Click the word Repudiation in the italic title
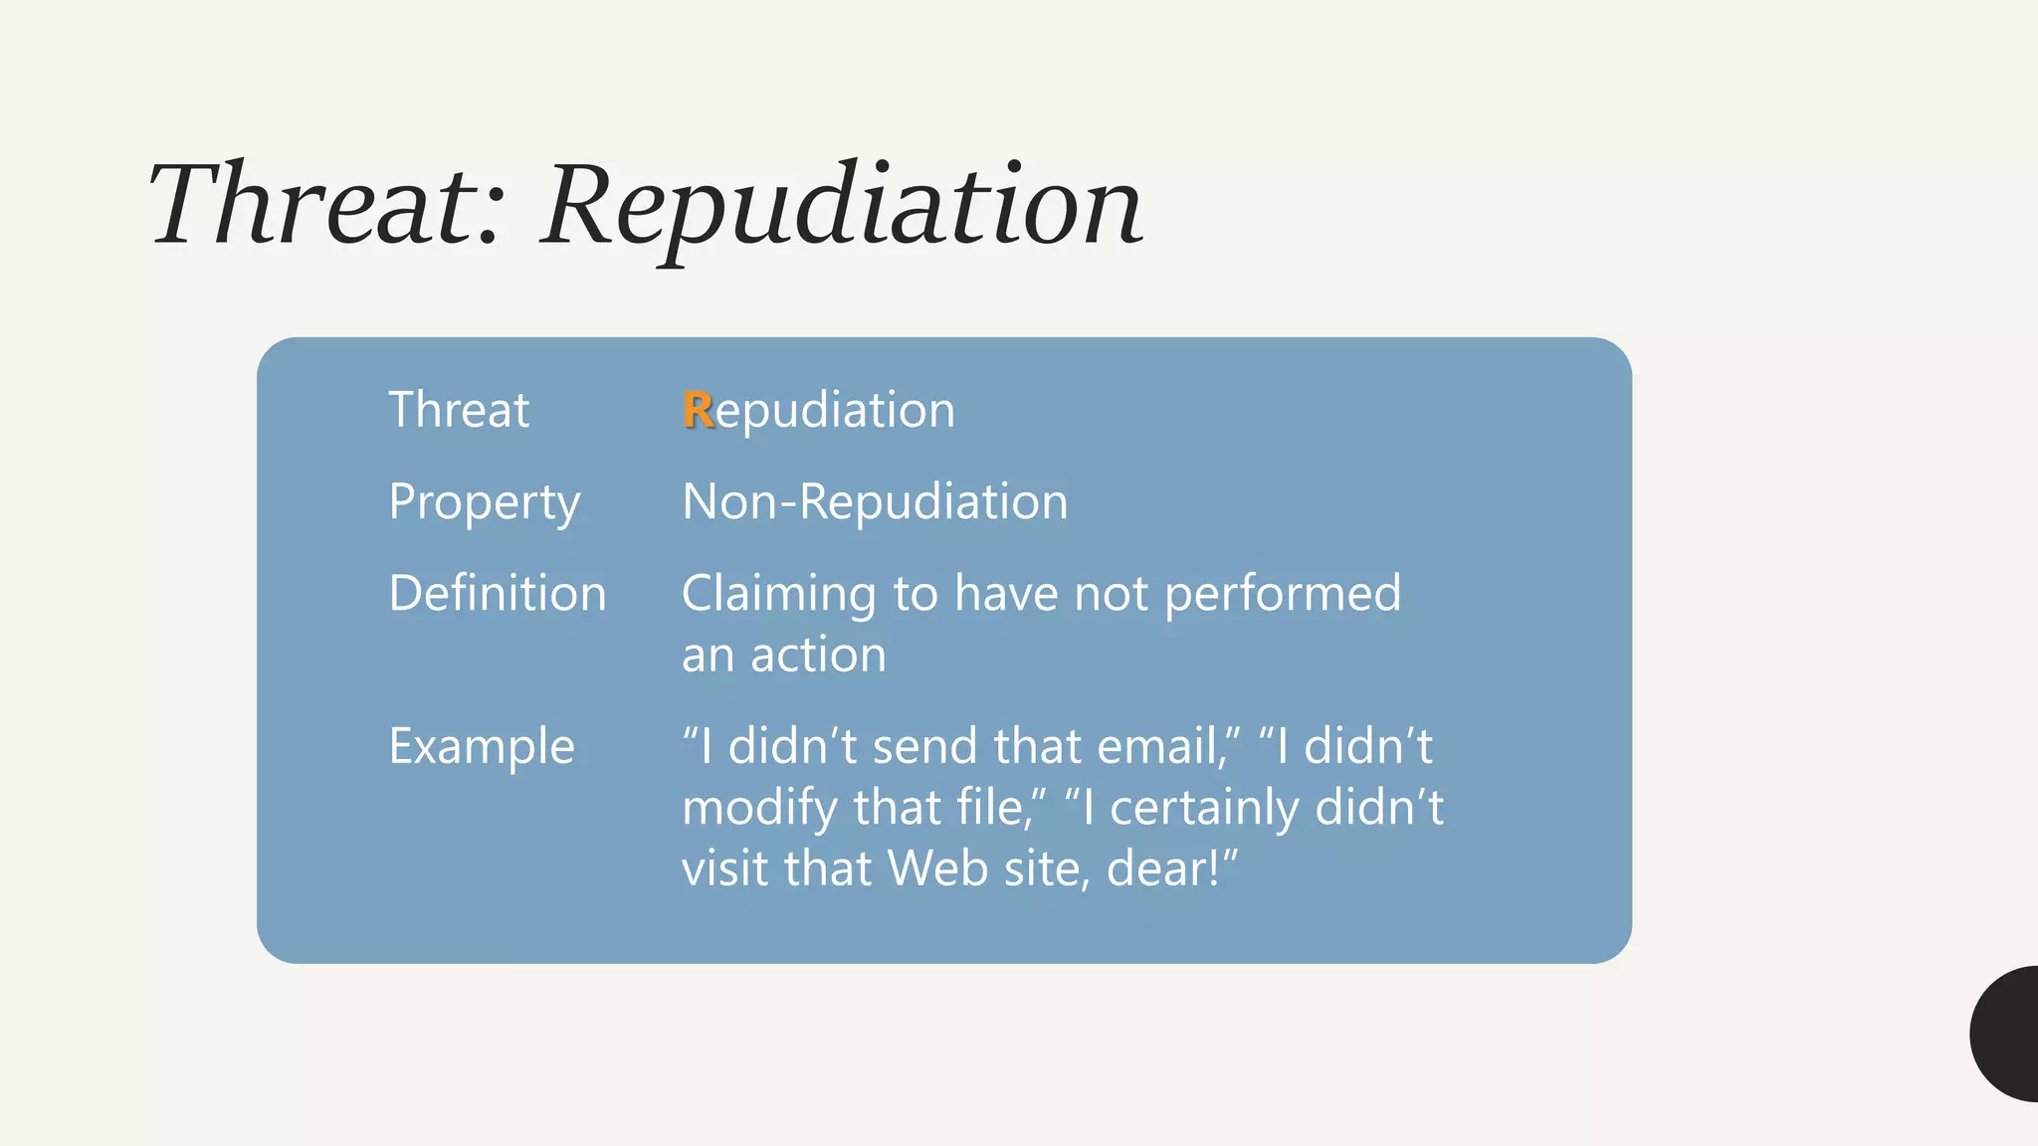coord(841,206)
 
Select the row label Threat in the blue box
coord(459,410)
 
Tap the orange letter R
coord(698,410)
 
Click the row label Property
coord(485,502)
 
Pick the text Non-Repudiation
coord(874,501)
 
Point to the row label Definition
coord(497,594)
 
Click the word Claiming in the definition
coord(778,594)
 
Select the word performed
coord(1282,594)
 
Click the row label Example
coord(482,746)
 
